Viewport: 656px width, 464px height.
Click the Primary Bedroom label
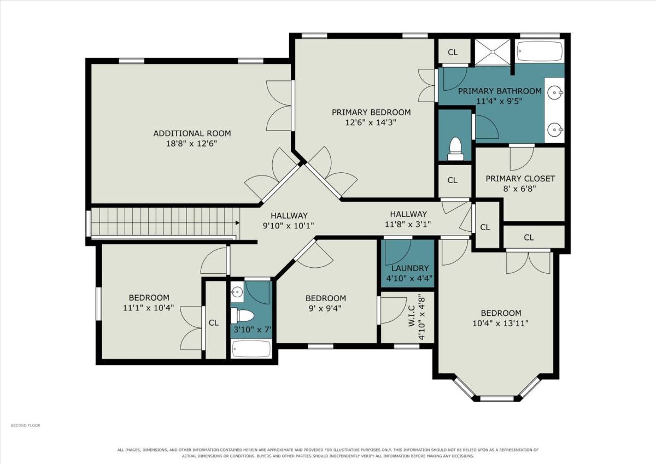(371, 112)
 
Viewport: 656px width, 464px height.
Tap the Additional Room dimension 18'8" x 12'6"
(191, 144)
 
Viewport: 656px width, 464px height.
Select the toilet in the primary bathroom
(455, 149)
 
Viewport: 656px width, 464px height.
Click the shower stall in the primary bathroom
(493, 52)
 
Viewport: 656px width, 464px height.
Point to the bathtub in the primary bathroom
(540, 51)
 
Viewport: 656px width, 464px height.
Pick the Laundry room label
(410, 268)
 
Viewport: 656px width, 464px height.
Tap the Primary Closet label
(520, 179)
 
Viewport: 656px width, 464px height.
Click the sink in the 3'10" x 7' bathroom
(237, 292)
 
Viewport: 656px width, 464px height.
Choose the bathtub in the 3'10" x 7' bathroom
(251, 349)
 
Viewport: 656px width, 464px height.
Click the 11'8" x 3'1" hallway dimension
(408, 224)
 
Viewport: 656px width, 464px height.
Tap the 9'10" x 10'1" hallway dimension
(288, 226)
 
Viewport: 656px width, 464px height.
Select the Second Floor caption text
(26, 425)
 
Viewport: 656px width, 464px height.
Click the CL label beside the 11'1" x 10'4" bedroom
(214, 322)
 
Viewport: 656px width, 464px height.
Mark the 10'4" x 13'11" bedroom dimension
(501, 323)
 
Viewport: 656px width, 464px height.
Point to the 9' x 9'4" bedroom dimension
(325, 308)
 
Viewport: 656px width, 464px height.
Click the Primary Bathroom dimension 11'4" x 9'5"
(499, 101)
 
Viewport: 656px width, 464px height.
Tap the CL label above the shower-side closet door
(453, 52)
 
